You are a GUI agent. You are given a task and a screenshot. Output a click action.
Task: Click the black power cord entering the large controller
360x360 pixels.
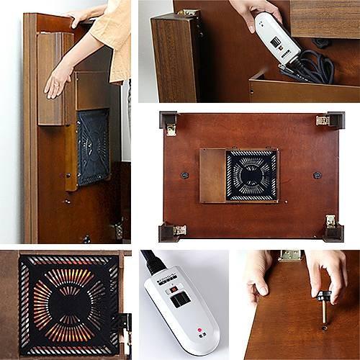150,261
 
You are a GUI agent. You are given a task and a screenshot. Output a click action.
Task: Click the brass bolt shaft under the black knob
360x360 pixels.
323,313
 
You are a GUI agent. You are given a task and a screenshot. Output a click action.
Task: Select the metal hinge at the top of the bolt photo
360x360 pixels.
290,255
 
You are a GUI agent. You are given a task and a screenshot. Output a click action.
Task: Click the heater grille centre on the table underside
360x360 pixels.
251,175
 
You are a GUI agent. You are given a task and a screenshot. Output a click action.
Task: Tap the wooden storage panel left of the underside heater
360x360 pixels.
212,175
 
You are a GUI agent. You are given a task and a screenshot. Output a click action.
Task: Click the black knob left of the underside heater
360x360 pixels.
184,175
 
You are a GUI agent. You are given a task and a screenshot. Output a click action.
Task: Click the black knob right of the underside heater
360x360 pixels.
317,175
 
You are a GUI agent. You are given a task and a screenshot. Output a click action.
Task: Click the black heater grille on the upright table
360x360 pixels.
92,147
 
